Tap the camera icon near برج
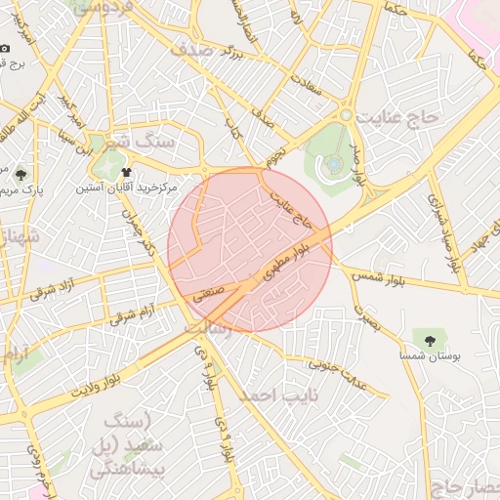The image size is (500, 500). tap(5, 49)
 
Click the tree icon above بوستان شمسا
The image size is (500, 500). tap(429, 340)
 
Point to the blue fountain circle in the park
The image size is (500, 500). tap(330, 161)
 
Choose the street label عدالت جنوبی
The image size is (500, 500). tap(338, 374)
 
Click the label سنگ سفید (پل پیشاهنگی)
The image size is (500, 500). tap(122, 445)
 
